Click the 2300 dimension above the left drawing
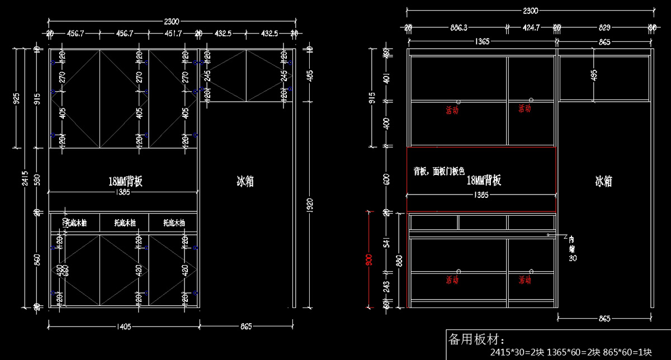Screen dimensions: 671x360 [172, 22]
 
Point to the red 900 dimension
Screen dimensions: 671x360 [368, 260]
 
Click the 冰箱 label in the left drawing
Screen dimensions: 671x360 [245, 181]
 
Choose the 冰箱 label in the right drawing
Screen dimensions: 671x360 [603, 181]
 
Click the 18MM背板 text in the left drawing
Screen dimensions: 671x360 [126, 181]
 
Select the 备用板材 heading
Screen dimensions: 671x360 [476, 339]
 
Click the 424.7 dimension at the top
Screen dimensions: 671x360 [531, 27]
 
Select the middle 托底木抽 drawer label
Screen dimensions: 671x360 [124, 223]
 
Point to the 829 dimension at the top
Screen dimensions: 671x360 [604, 27]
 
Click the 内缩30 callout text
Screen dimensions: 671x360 [571, 249]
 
